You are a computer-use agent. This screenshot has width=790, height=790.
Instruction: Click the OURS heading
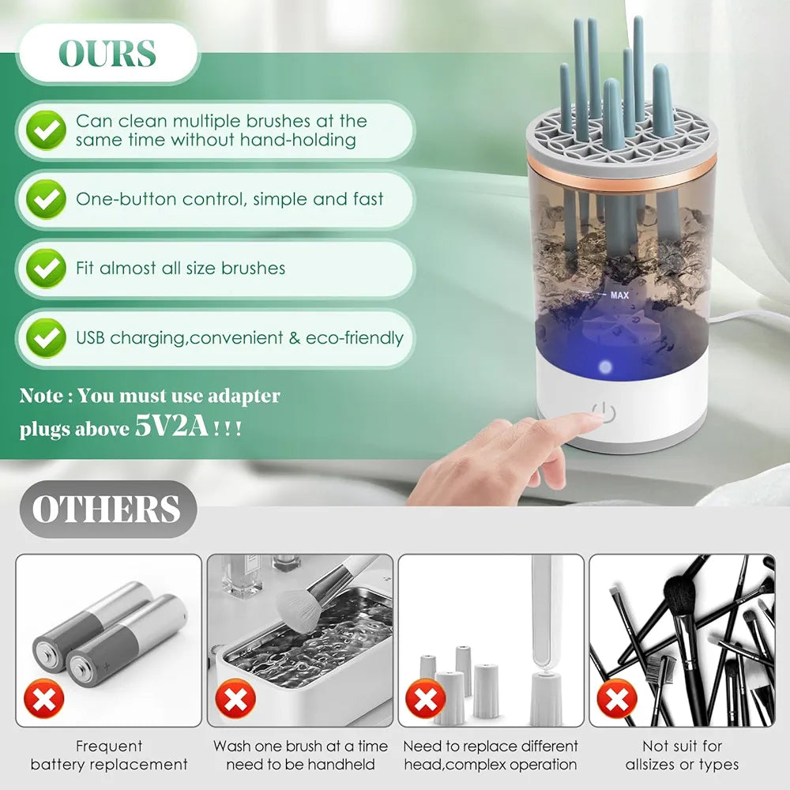tap(107, 53)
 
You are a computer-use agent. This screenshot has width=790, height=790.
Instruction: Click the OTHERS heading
tap(107, 509)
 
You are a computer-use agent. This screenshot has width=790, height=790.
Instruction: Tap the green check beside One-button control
tap(46, 199)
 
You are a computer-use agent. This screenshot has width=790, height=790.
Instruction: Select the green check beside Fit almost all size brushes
tap(46, 268)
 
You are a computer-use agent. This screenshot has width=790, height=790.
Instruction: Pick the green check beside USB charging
tap(46, 337)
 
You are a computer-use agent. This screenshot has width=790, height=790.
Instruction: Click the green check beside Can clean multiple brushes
tap(46, 130)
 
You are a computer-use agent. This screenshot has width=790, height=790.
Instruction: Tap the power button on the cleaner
tap(604, 414)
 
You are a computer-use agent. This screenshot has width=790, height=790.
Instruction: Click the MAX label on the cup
tap(619, 295)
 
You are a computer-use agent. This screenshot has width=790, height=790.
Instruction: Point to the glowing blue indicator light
tap(604, 367)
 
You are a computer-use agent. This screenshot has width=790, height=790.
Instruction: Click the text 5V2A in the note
tap(171, 427)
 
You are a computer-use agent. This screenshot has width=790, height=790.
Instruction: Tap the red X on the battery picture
tap(44, 698)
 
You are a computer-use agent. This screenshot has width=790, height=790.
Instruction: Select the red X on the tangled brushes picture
tap(617, 698)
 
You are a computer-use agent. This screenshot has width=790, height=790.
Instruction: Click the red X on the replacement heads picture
tap(426, 698)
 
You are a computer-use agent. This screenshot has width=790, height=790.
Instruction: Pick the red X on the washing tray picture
tap(235, 698)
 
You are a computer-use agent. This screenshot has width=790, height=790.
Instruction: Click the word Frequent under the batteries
tap(109, 747)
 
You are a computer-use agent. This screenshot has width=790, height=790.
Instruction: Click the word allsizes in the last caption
tap(649, 764)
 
